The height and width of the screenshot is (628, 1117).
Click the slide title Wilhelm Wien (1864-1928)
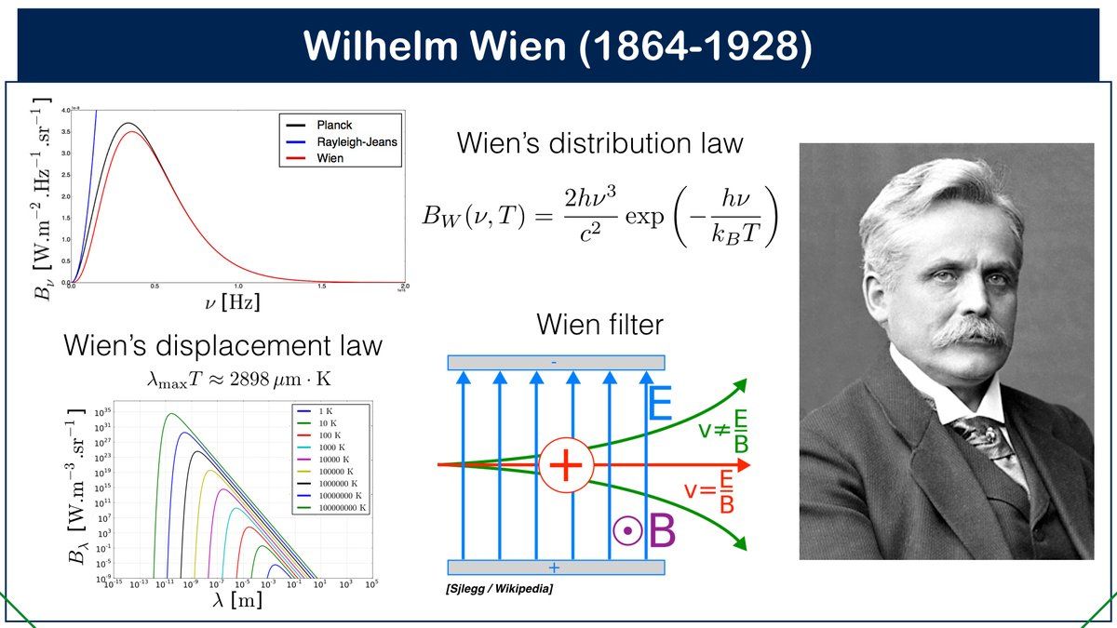pos(558,45)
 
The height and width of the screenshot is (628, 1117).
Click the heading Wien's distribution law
pos(599,143)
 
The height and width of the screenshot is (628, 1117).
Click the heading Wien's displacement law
pos(222,345)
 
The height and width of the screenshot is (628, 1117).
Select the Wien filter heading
pos(599,325)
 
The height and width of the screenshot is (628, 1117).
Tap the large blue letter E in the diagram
pos(660,406)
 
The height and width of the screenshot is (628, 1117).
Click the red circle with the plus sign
pos(565,464)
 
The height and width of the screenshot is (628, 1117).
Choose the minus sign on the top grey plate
pos(556,363)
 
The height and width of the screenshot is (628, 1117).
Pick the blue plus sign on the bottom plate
pos(555,568)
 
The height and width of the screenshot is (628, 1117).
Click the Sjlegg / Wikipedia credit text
pos(500,589)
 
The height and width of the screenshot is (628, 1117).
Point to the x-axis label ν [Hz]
pos(235,303)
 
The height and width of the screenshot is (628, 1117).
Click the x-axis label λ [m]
pos(237,602)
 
